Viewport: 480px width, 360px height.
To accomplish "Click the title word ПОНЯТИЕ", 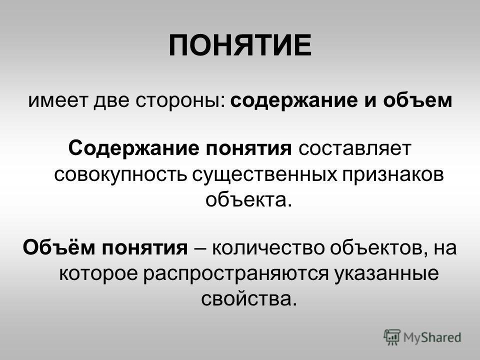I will (239, 46).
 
